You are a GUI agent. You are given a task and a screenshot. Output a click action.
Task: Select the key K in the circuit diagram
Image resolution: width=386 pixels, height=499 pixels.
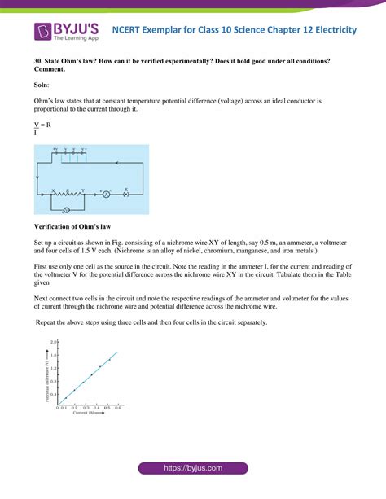tap(126, 195)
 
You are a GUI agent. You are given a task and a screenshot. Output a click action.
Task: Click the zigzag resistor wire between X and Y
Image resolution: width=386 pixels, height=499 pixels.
tap(70, 195)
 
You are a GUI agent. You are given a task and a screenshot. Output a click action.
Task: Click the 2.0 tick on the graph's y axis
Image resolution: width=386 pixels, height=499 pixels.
tap(53, 343)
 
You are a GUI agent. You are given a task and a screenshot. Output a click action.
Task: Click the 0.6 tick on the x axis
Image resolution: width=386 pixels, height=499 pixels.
tap(118, 408)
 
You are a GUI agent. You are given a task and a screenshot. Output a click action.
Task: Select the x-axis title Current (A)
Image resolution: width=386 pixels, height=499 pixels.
tap(85, 414)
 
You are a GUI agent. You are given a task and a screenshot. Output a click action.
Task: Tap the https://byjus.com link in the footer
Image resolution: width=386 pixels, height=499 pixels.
tap(192, 469)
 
